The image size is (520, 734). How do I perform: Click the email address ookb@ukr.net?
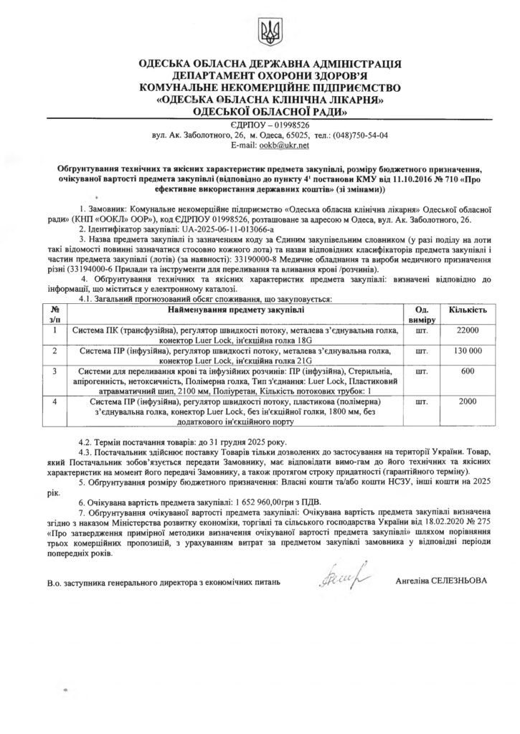[x=286, y=145]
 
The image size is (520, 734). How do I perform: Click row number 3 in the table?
[x=55, y=371]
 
